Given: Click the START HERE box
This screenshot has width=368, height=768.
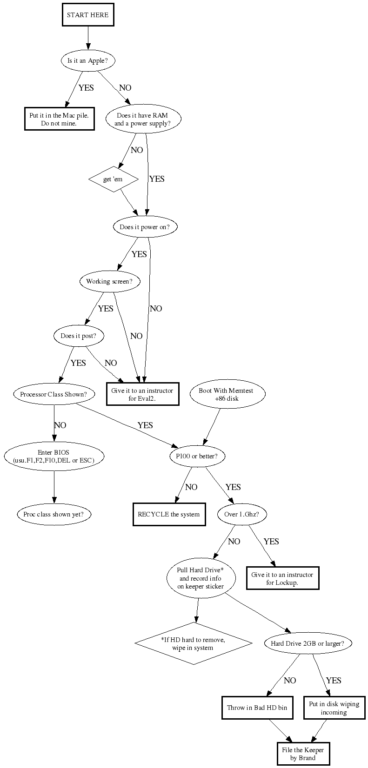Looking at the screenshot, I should (87, 15).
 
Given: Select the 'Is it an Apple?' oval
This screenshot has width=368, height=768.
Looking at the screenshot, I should (88, 60).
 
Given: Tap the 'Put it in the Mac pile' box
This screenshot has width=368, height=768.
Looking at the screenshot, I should (59, 119).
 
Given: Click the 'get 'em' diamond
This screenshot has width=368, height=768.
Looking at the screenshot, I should (114, 179).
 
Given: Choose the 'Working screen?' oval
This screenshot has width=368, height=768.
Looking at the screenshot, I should (109, 281).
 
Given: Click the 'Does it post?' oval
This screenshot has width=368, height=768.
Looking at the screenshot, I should (78, 336).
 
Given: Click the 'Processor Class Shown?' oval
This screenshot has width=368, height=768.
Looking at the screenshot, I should (54, 394).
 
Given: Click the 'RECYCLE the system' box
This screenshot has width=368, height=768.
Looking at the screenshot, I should (168, 514).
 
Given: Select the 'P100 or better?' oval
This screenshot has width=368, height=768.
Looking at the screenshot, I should (197, 456).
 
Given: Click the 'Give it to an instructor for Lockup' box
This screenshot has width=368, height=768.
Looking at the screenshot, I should (282, 578).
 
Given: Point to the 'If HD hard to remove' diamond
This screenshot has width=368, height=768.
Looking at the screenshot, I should (193, 643).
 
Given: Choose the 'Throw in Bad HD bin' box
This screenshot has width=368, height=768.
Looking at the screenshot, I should (257, 708).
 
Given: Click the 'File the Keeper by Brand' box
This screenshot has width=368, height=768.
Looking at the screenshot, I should (302, 754).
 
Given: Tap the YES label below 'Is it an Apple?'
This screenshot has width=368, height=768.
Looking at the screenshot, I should (86, 87).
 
